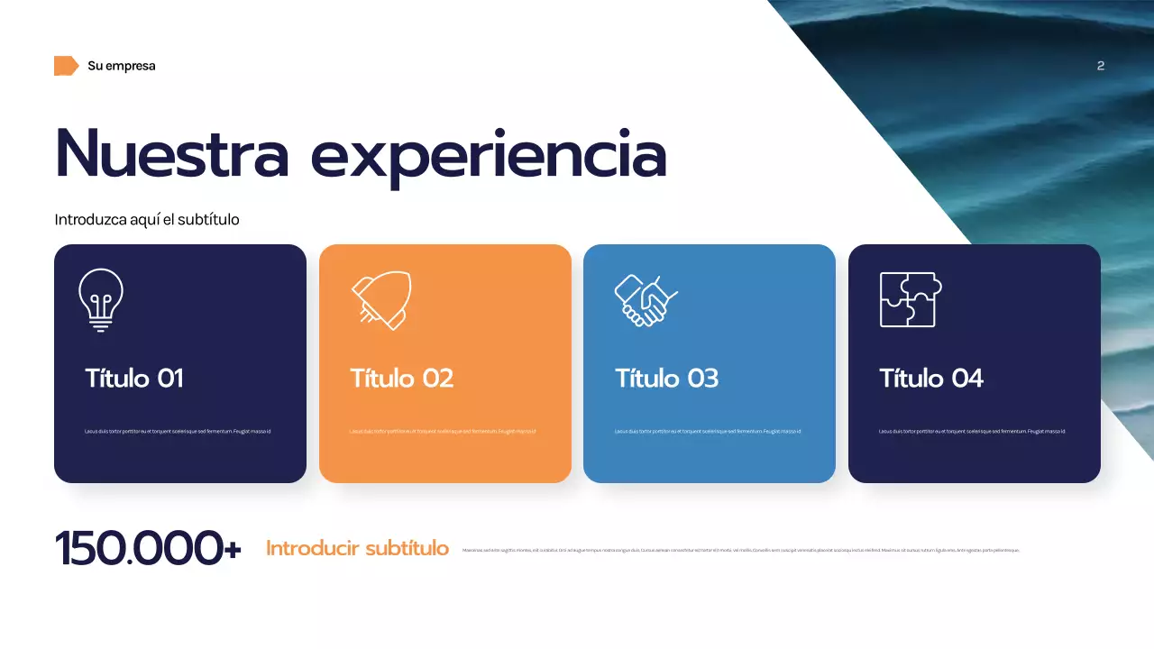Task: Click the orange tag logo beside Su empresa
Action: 66,66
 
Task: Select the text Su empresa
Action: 122,66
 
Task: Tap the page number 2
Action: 1100,66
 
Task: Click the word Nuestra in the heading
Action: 172,154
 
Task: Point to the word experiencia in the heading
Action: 488,156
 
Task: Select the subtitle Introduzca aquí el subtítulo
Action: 147,219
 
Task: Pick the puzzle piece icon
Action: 911,299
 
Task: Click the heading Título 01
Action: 134,378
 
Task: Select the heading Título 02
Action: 401,378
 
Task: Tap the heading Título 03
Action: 666,378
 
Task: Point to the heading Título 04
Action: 931,378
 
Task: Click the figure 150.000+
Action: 148,548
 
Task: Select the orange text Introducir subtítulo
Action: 357,548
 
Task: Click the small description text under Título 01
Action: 178,432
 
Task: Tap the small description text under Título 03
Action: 708,432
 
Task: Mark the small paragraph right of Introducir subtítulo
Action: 740,550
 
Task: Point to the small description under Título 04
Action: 972,432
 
